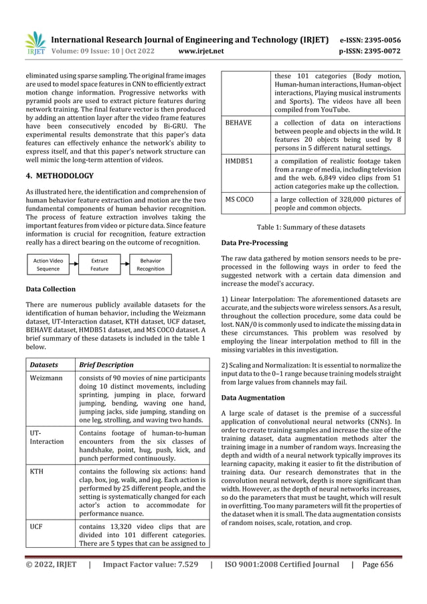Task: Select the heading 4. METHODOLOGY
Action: click(56, 176)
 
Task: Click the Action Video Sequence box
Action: click(49, 265)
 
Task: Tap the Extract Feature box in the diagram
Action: click(100, 265)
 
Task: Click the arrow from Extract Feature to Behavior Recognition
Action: click(124, 265)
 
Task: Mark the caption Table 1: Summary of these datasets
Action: click(312, 228)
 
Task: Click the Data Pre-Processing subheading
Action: click(254, 242)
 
